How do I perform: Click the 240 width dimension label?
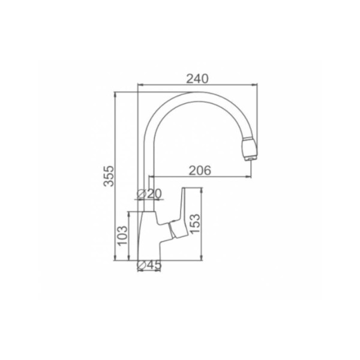click(x=197, y=79)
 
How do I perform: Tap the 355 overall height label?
click(x=109, y=176)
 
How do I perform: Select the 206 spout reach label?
click(x=200, y=170)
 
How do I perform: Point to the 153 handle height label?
click(x=195, y=223)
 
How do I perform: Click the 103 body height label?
click(x=122, y=236)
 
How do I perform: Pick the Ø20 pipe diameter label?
click(x=149, y=194)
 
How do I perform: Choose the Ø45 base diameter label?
click(x=149, y=265)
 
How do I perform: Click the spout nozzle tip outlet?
click(x=251, y=158)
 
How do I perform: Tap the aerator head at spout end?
click(x=249, y=149)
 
